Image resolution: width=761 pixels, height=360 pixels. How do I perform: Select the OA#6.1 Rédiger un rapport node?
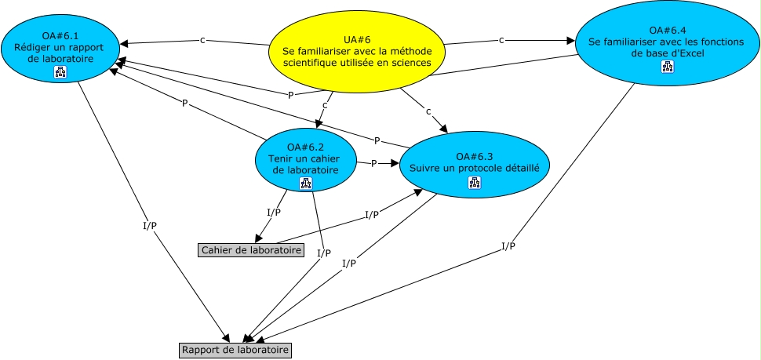[x=60, y=49]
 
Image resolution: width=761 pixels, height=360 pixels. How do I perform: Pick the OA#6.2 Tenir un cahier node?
[x=306, y=160]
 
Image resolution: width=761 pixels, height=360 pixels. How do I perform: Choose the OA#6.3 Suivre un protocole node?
[x=474, y=165]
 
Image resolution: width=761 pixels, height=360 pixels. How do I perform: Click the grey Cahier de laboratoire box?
[x=251, y=250]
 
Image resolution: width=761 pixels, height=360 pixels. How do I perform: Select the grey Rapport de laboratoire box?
[x=235, y=350]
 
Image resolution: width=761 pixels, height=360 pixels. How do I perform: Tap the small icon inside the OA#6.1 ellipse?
[x=60, y=72]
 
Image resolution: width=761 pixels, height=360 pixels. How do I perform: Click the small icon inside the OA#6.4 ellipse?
[x=668, y=67]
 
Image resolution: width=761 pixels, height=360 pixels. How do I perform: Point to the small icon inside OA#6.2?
[x=306, y=183]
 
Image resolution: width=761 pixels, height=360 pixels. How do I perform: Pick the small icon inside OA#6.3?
[x=474, y=183]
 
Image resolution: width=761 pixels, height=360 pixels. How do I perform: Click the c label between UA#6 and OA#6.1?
[x=202, y=40]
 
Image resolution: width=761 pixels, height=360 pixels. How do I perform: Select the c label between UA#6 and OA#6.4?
[x=501, y=40]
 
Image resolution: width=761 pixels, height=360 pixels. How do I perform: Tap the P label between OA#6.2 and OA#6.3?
[x=373, y=164]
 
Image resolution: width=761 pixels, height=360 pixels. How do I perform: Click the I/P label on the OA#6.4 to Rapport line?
[x=508, y=246]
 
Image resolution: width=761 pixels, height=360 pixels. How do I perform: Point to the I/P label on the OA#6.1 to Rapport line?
[x=150, y=226]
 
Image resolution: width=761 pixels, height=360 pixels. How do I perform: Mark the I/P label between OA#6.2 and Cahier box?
[x=274, y=213]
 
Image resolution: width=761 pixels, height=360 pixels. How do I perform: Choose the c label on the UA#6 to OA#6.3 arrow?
[x=428, y=111]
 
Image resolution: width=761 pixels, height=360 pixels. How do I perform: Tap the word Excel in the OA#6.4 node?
[x=694, y=53]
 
